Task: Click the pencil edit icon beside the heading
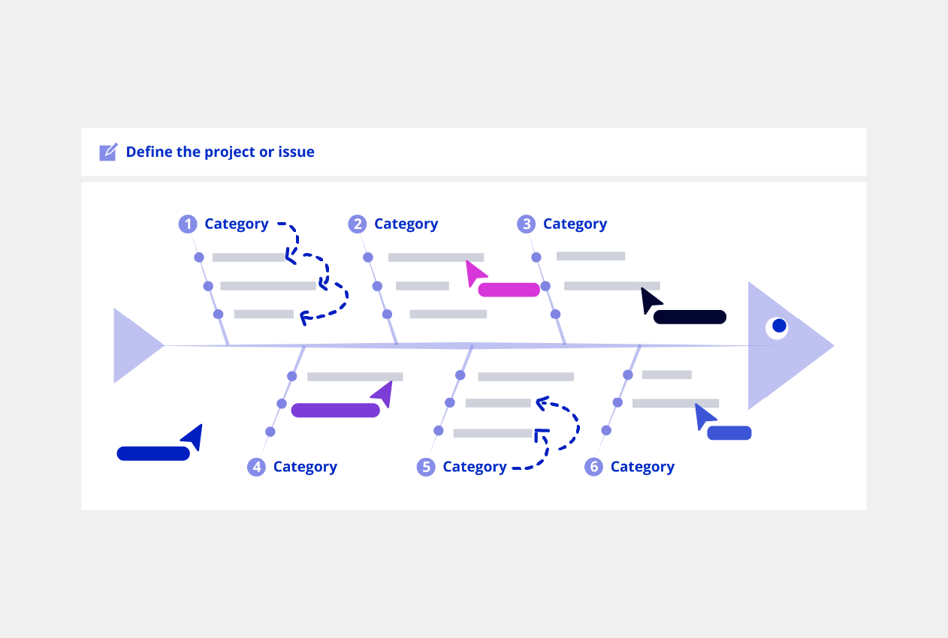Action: (x=108, y=152)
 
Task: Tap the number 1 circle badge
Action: (x=187, y=224)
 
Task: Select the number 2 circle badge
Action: (x=357, y=224)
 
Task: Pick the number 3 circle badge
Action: (x=526, y=224)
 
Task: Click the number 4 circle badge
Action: (x=256, y=467)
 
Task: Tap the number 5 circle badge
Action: (x=426, y=467)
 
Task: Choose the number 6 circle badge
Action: (x=593, y=467)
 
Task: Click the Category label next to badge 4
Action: (x=305, y=467)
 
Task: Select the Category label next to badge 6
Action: (x=642, y=467)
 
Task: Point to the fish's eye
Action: (x=778, y=327)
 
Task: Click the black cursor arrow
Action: (x=650, y=299)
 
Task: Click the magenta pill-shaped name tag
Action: (x=509, y=290)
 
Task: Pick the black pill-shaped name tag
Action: (x=690, y=317)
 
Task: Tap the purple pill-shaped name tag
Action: (x=335, y=410)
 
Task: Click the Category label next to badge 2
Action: (x=406, y=224)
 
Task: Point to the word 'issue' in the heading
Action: (x=296, y=152)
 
